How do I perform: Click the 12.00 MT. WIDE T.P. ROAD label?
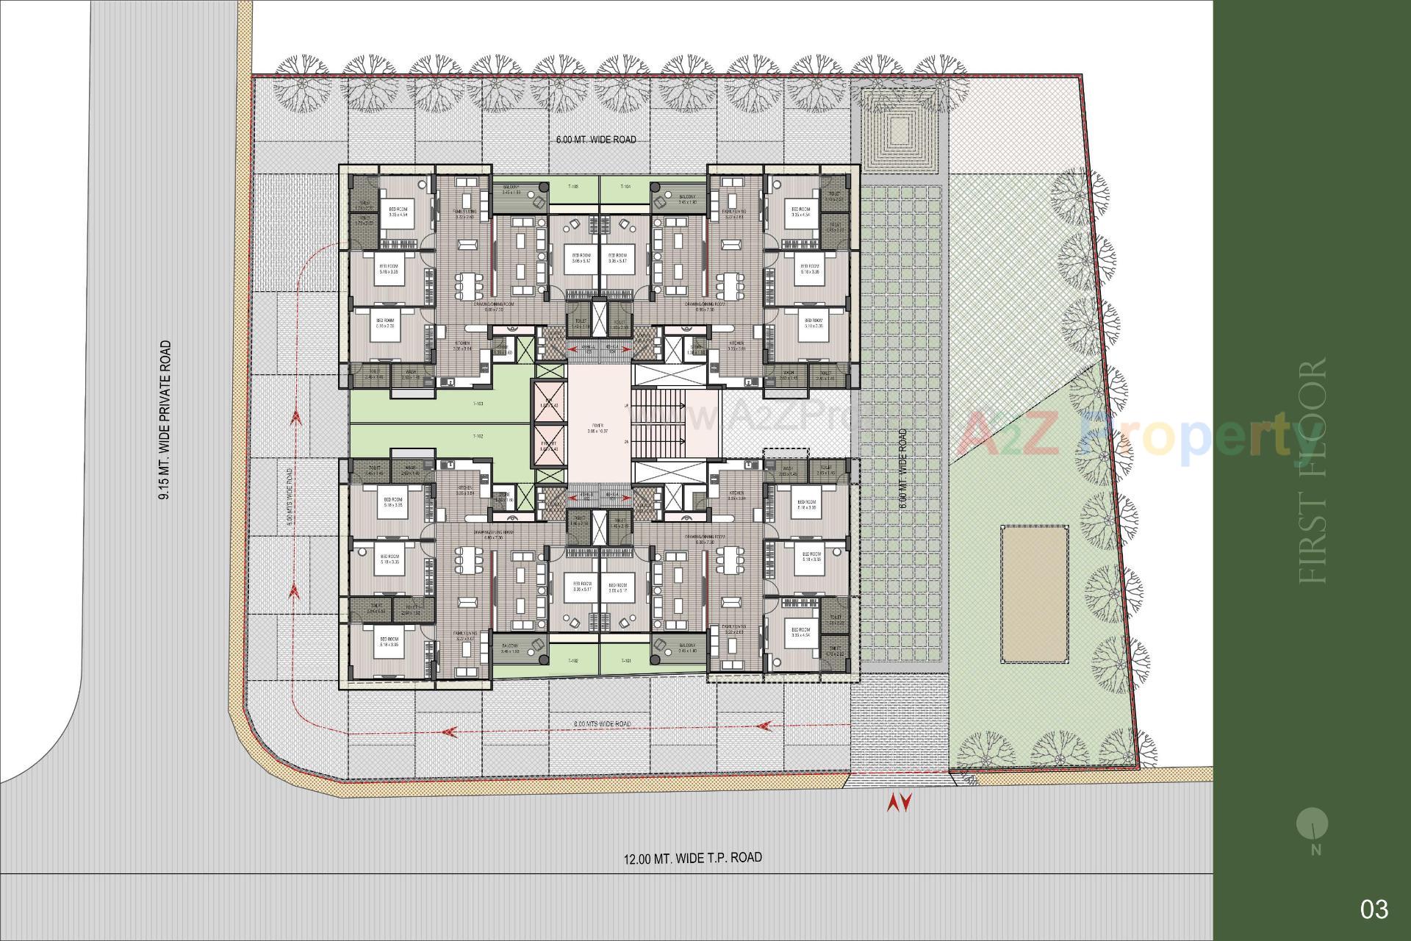coord(692,858)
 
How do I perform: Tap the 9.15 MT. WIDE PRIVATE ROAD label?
coord(165,420)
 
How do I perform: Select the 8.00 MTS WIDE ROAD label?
coord(602,724)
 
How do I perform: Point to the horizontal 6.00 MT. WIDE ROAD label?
coord(595,140)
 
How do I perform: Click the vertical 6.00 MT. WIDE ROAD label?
coord(902,469)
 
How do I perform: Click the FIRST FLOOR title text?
coord(1314,470)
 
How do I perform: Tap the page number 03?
coord(1374,909)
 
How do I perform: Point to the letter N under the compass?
coord(1315,851)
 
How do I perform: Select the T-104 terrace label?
coord(625,187)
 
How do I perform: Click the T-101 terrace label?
coord(625,661)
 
